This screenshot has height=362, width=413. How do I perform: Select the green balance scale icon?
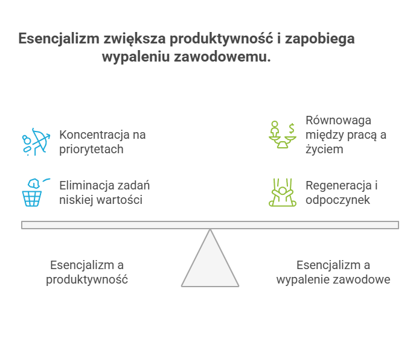tap(283, 135)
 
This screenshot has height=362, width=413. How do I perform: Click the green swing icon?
tap(283, 192)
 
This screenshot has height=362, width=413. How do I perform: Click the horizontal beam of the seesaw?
tap(210, 225)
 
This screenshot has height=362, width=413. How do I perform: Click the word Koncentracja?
tap(94, 135)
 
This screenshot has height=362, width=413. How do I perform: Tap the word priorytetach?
tap(91, 150)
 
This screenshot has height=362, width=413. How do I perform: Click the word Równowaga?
tap(339, 121)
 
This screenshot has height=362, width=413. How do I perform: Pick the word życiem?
tap(324, 149)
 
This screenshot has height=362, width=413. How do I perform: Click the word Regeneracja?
tap(339, 186)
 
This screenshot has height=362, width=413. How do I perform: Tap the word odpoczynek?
tap(338, 200)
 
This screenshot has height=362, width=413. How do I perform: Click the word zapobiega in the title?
tap(320, 39)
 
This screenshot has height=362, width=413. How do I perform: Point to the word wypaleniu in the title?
tap(136, 57)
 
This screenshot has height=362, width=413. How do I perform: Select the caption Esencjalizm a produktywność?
tap(87, 273)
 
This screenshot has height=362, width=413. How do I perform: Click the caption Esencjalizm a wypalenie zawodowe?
tap(333, 273)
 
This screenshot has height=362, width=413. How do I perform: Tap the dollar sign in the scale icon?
tap(291, 129)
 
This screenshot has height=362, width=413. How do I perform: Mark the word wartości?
tap(120, 200)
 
